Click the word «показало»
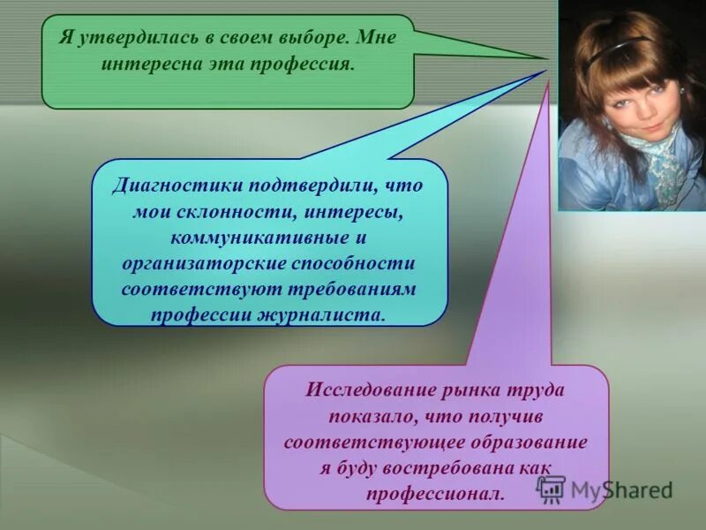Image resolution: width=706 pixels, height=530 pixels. coord(374,416)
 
